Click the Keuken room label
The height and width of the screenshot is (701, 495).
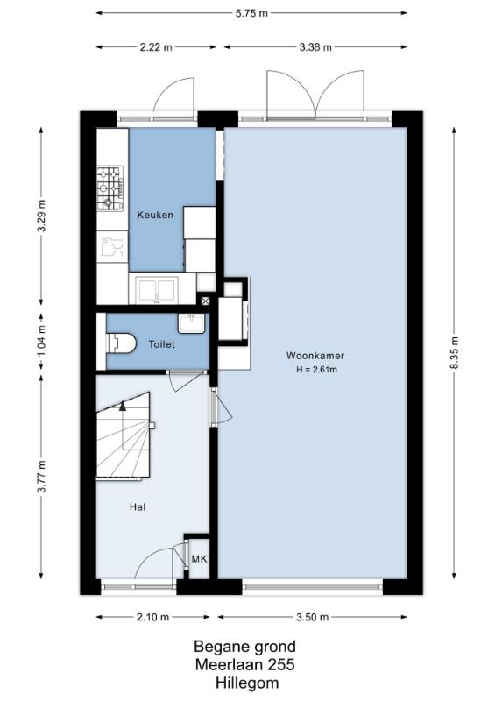tap(155, 215)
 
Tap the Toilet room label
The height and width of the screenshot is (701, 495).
tap(161, 344)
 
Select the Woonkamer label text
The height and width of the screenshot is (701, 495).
tap(315, 356)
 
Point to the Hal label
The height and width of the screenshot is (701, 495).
tap(138, 507)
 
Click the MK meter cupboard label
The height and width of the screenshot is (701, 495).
tap(199, 559)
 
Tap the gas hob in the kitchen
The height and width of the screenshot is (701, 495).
tap(110, 188)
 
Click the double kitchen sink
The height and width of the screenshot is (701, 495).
tap(157, 290)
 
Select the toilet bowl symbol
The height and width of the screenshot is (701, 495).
tap(121, 343)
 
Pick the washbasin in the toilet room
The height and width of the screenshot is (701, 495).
tap(191, 322)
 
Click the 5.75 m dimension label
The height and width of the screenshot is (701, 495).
tap(251, 13)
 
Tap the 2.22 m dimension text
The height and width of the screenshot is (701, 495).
tap(156, 47)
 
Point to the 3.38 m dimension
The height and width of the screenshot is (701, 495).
tap(315, 47)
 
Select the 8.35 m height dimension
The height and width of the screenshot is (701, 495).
tap(455, 353)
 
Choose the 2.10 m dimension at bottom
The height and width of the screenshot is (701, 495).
tap(153, 617)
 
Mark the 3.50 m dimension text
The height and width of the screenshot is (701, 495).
tap(313, 617)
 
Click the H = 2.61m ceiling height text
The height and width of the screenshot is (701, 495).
tap(316, 370)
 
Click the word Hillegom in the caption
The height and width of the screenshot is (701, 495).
tap(247, 683)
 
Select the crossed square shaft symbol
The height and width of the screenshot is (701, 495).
tap(205, 301)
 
